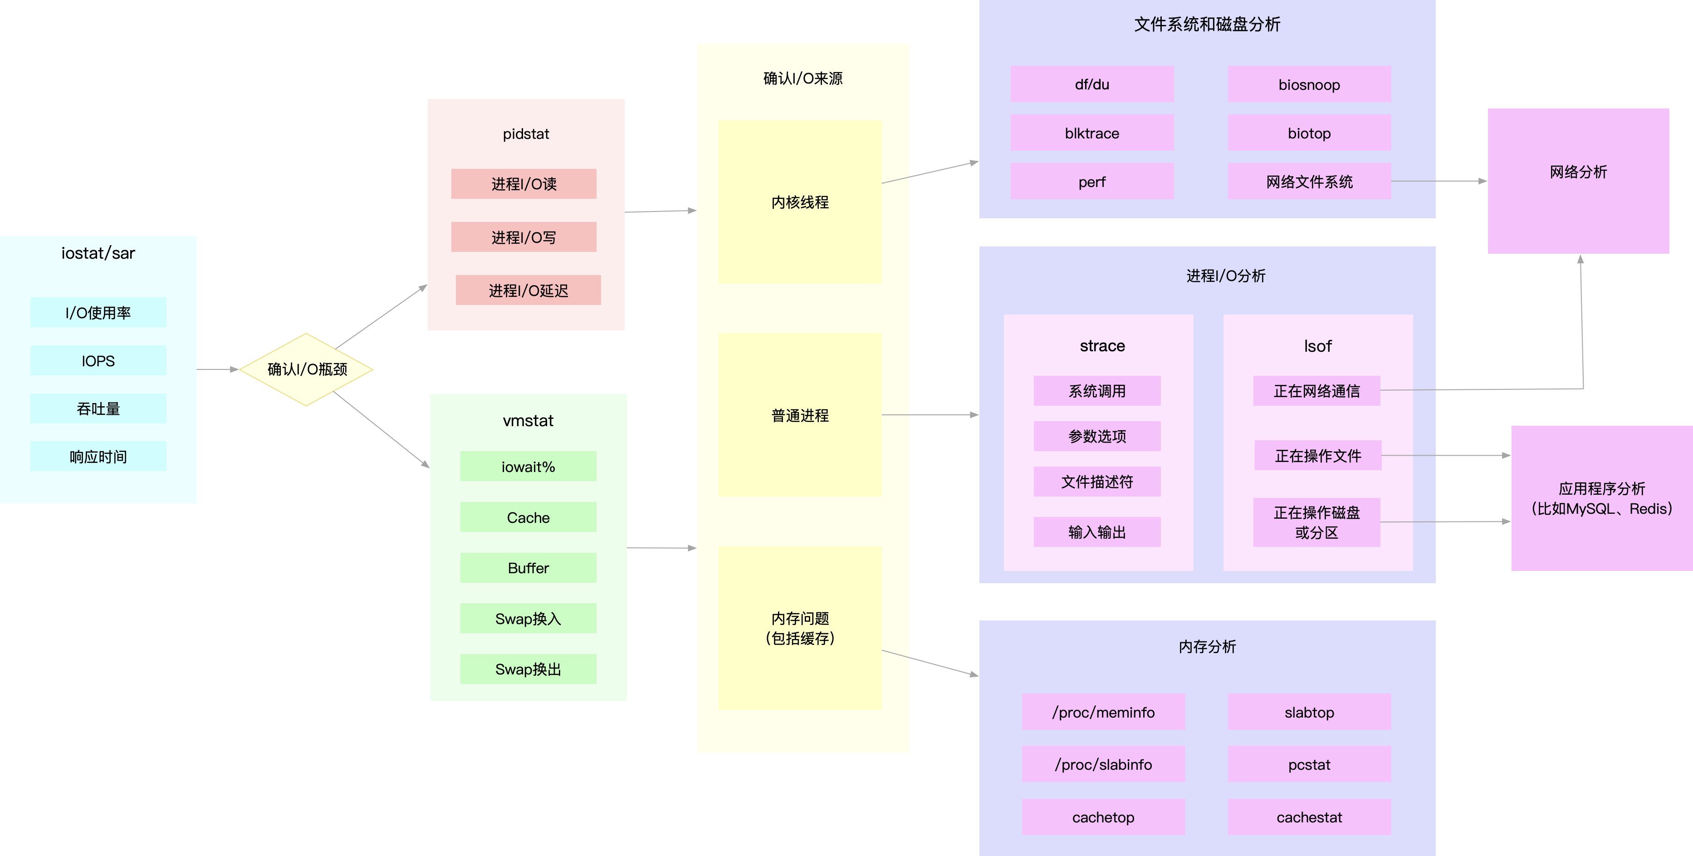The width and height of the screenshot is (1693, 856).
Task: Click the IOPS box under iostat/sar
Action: pyautogui.click(x=98, y=360)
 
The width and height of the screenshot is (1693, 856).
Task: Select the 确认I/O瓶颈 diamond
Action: pyautogui.click(x=306, y=369)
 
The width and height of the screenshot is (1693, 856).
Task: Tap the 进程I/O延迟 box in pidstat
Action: pyautogui.click(x=528, y=290)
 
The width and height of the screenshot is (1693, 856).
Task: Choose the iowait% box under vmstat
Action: pyautogui.click(x=528, y=466)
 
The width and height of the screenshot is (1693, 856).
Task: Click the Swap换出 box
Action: pyautogui.click(x=528, y=669)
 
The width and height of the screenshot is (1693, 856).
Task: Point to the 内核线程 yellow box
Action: pyautogui.click(x=799, y=202)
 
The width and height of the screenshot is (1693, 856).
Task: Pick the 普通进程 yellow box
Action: pyautogui.click(x=799, y=415)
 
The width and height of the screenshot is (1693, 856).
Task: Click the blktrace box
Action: pyautogui.click(x=1091, y=133)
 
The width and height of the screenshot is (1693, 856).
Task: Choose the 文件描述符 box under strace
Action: pyautogui.click(x=1097, y=481)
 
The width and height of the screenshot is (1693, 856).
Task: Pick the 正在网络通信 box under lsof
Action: pyautogui.click(x=1316, y=390)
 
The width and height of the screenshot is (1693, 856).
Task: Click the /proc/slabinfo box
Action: pyautogui.click(x=1103, y=764)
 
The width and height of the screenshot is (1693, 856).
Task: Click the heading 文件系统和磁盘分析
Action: pyautogui.click(x=1207, y=25)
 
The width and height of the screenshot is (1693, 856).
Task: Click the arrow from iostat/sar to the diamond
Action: pyautogui.click(x=217, y=369)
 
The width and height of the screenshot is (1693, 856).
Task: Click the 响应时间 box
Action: pyautogui.click(x=98, y=456)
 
